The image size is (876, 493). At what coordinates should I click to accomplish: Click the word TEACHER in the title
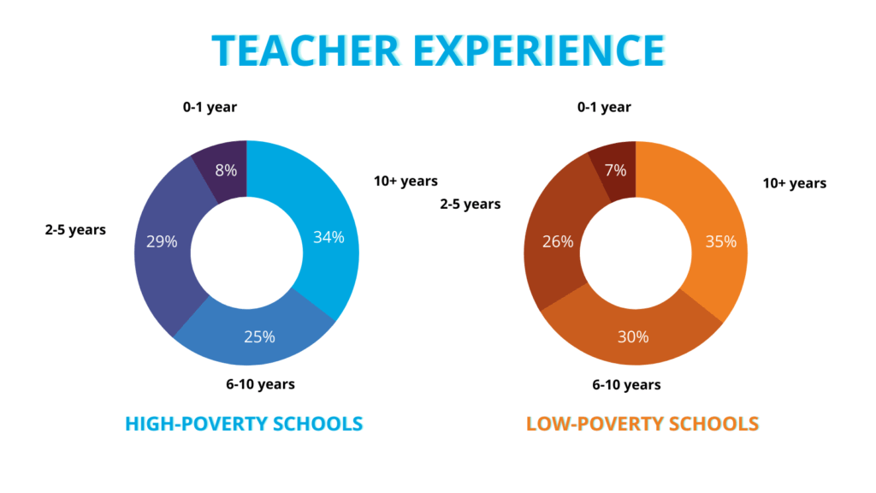(306, 50)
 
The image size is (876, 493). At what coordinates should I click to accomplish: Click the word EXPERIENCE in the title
(539, 50)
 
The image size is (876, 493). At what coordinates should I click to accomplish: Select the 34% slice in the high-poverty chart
(327, 235)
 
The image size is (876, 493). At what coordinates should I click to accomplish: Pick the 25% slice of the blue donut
(257, 336)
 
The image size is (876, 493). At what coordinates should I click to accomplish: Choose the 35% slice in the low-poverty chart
(719, 241)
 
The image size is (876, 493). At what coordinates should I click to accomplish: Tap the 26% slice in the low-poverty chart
(556, 241)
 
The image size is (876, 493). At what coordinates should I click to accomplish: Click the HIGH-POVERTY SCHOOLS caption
(244, 424)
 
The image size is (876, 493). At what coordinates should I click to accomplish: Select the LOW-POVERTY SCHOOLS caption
(642, 424)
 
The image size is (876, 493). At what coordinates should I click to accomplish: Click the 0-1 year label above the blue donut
(210, 107)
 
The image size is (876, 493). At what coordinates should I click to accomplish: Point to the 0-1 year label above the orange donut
(604, 107)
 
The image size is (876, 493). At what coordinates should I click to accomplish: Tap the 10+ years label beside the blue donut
(405, 181)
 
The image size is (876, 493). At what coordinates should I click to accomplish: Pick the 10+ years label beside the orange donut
(795, 183)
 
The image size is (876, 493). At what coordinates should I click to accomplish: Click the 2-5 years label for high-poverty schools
(75, 229)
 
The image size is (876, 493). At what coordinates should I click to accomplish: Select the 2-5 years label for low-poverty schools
(471, 204)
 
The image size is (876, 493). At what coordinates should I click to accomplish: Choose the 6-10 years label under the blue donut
(260, 384)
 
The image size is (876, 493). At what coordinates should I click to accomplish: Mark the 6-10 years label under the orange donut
(626, 384)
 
